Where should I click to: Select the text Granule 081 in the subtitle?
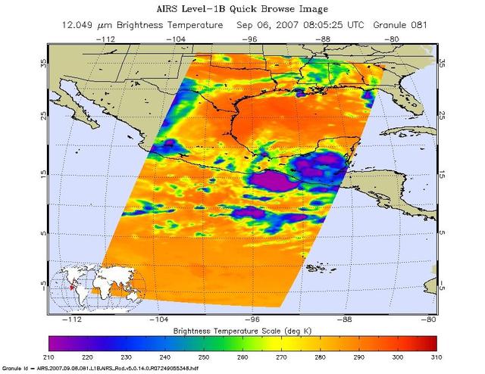(x=399, y=25)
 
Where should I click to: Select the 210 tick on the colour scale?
(x=50, y=356)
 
